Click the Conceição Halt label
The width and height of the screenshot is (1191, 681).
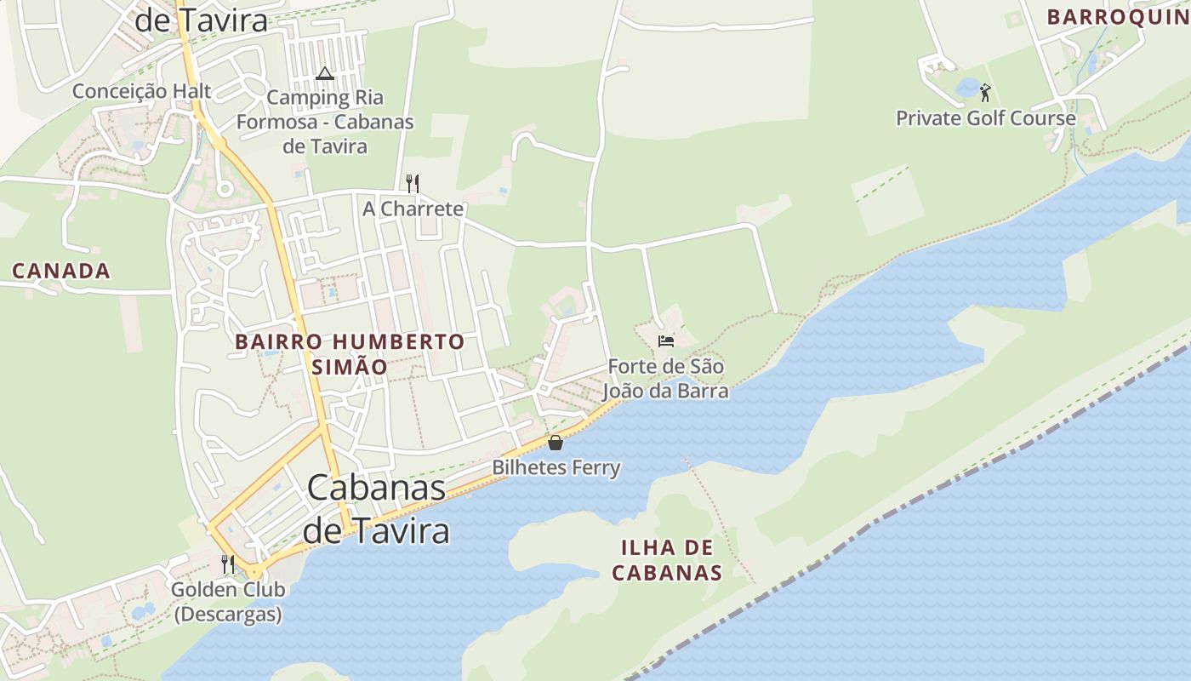[x=141, y=91]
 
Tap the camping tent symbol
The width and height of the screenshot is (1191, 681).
[x=324, y=74]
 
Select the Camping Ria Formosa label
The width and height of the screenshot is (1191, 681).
[x=325, y=122]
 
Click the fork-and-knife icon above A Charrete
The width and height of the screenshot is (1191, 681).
[x=413, y=183]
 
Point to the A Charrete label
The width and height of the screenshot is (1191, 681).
[x=413, y=209]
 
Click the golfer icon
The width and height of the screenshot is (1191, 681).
[x=985, y=92]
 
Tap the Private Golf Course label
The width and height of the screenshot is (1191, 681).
[x=985, y=118]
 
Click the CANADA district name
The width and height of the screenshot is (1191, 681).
[x=61, y=272]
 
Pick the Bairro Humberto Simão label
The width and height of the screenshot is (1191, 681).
[x=350, y=354]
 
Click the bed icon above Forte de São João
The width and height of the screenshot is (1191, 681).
[x=666, y=341]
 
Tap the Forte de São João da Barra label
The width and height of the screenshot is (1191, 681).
[x=665, y=379]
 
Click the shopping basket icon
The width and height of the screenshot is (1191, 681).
[x=556, y=443]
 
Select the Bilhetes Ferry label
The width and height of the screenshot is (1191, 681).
[x=556, y=467]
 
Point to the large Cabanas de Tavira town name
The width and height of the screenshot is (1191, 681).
[x=376, y=509]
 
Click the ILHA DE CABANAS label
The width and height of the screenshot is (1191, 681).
[x=667, y=559]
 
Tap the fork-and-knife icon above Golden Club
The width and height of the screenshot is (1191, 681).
[x=228, y=564]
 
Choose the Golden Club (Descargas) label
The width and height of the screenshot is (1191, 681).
[x=228, y=601]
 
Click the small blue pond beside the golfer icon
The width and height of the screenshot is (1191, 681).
[x=968, y=87]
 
